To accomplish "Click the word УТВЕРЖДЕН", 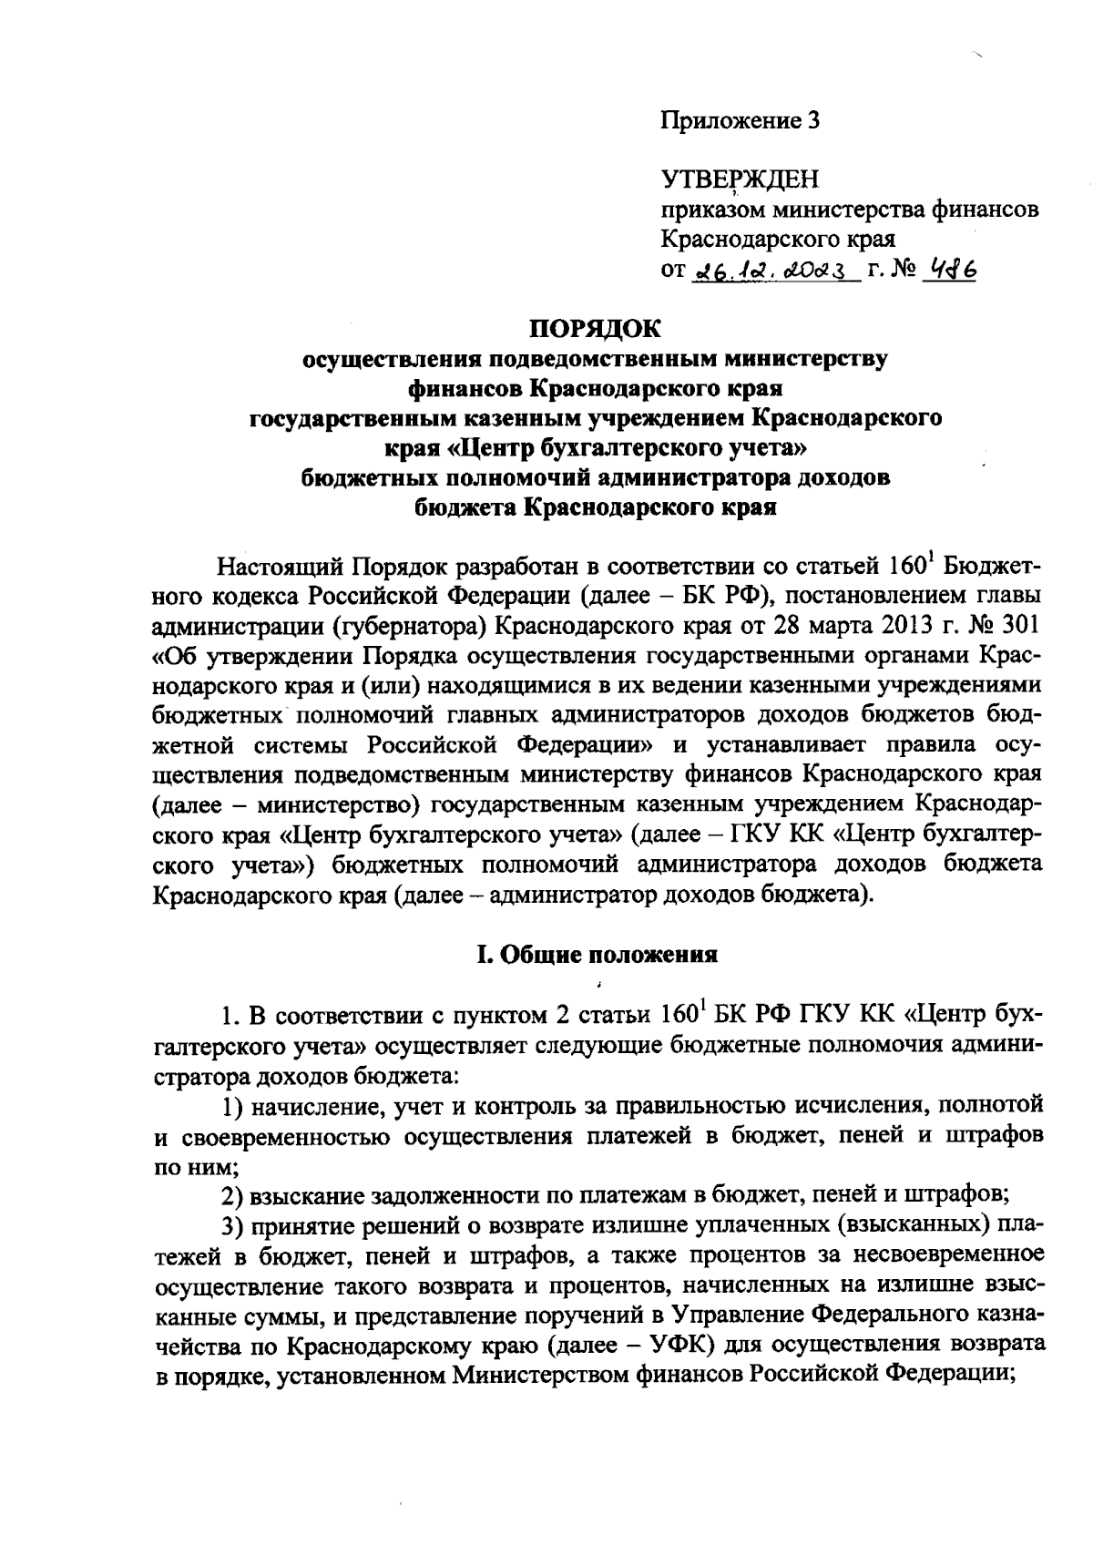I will click(x=740, y=179).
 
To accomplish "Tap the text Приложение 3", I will click(x=741, y=120).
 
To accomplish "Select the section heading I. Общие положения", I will click(x=598, y=955).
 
